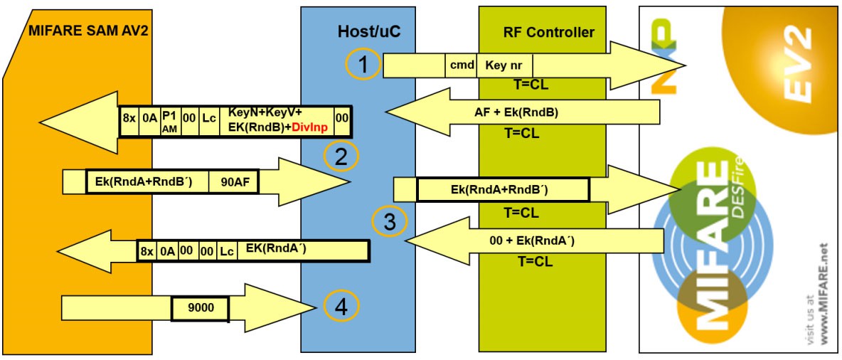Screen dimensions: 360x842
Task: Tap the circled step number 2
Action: [341, 157]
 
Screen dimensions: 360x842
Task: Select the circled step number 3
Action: [389, 221]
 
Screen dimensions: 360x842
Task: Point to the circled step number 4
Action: [341, 307]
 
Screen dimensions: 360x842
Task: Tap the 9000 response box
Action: [200, 308]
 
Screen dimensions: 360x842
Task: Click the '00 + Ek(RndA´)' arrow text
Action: [533, 240]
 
